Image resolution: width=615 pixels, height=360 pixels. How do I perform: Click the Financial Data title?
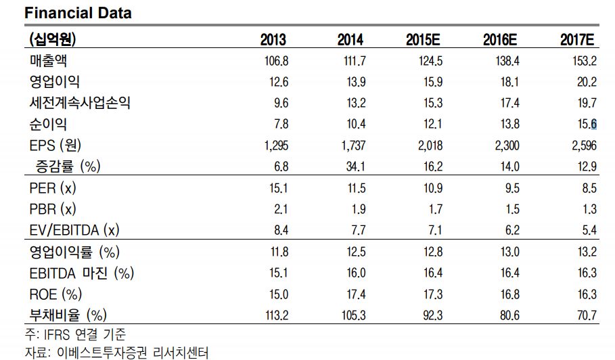tap(78, 13)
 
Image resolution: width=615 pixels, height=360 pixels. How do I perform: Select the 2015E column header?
tap(423, 40)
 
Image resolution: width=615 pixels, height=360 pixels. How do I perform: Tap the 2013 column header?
tap(273, 40)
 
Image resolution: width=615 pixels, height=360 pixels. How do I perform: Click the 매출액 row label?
tap(48, 61)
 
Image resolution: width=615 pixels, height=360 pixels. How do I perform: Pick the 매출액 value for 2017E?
tap(584, 61)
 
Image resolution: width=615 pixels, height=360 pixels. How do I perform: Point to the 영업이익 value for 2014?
tap(356, 82)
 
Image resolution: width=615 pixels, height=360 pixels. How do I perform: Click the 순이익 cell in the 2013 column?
tap(281, 125)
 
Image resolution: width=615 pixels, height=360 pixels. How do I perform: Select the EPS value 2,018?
tap(430, 145)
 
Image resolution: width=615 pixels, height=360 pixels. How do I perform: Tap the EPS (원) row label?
tap(55, 145)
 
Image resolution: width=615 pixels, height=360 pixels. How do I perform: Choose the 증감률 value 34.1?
tap(355, 166)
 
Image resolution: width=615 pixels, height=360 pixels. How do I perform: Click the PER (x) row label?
tap(53, 188)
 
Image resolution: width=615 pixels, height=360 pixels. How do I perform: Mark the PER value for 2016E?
tap(512, 188)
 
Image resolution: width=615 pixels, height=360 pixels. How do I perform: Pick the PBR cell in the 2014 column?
tap(359, 209)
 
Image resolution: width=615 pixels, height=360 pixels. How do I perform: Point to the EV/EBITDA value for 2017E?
tap(589, 230)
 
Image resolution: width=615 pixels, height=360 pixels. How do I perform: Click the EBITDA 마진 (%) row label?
tap(82, 273)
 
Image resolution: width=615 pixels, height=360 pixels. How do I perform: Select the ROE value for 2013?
tap(279, 294)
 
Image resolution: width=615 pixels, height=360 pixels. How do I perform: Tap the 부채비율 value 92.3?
tap(432, 315)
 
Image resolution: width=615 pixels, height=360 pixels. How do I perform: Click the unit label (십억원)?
tap(53, 39)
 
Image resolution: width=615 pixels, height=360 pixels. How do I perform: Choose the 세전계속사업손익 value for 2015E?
tap(432, 103)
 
